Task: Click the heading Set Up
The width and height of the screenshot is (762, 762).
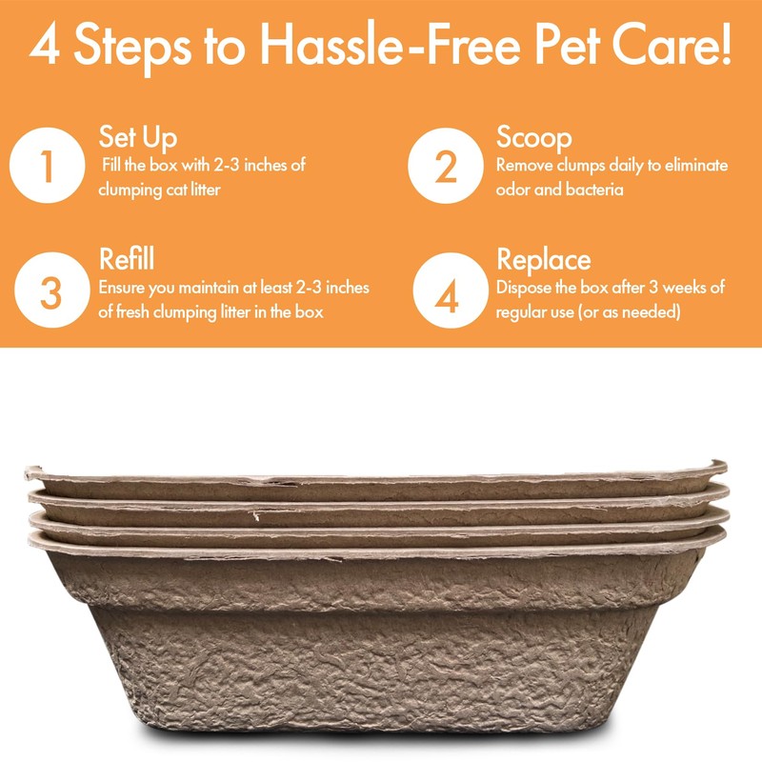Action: (137, 137)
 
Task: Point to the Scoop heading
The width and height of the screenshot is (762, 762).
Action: (533, 137)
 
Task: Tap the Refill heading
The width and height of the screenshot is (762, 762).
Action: (127, 259)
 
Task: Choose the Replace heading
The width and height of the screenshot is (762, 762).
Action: (543, 259)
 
